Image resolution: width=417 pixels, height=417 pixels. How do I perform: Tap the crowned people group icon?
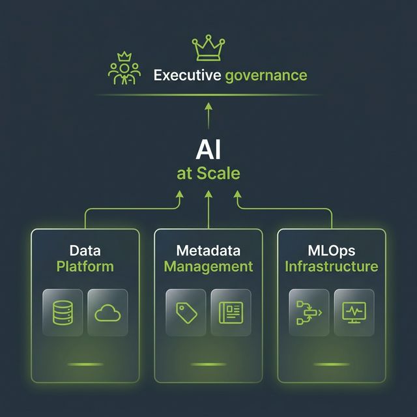(124, 68)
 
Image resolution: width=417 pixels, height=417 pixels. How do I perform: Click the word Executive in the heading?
(187, 76)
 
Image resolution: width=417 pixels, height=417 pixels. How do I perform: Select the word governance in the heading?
(266, 76)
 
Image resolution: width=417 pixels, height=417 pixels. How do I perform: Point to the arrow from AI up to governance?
(208, 116)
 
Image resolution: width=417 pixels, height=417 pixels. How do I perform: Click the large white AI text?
(208, 151)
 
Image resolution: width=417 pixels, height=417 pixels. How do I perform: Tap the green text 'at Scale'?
(208, 173)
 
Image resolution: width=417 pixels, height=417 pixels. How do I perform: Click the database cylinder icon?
(63, 313)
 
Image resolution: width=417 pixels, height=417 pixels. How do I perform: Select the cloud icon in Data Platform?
(108, 313)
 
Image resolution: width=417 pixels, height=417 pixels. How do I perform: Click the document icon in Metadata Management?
(231, 313)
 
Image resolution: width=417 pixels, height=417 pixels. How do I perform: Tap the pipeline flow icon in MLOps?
(309, 313)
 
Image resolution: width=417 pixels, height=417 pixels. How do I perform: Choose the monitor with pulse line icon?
(354, 313)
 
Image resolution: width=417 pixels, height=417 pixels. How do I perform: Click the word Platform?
(85, 266)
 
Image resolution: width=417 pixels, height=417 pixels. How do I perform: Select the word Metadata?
(208, 250)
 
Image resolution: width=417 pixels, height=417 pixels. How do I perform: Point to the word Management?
(208, 267)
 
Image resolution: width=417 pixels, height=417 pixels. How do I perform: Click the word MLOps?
(332, 251)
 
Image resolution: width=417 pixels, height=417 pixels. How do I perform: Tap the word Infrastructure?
(332, 266)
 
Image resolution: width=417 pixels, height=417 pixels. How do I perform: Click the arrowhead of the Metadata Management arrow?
(208, 194)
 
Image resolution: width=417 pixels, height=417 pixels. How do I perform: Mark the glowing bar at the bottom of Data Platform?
(85, 364)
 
